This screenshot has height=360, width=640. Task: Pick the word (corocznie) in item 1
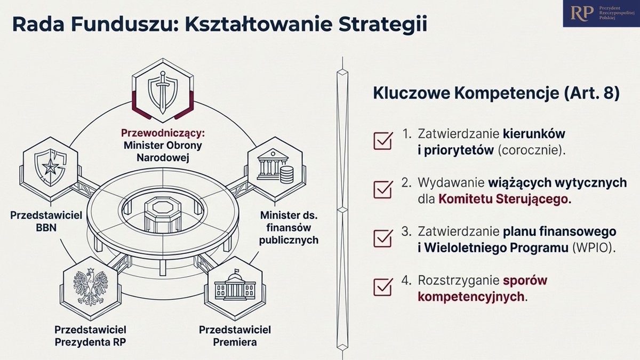[x=531, y=150]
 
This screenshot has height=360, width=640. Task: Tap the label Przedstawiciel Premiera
[x=235, y=335]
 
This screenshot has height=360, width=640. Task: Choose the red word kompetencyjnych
[x=471, y=297]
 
